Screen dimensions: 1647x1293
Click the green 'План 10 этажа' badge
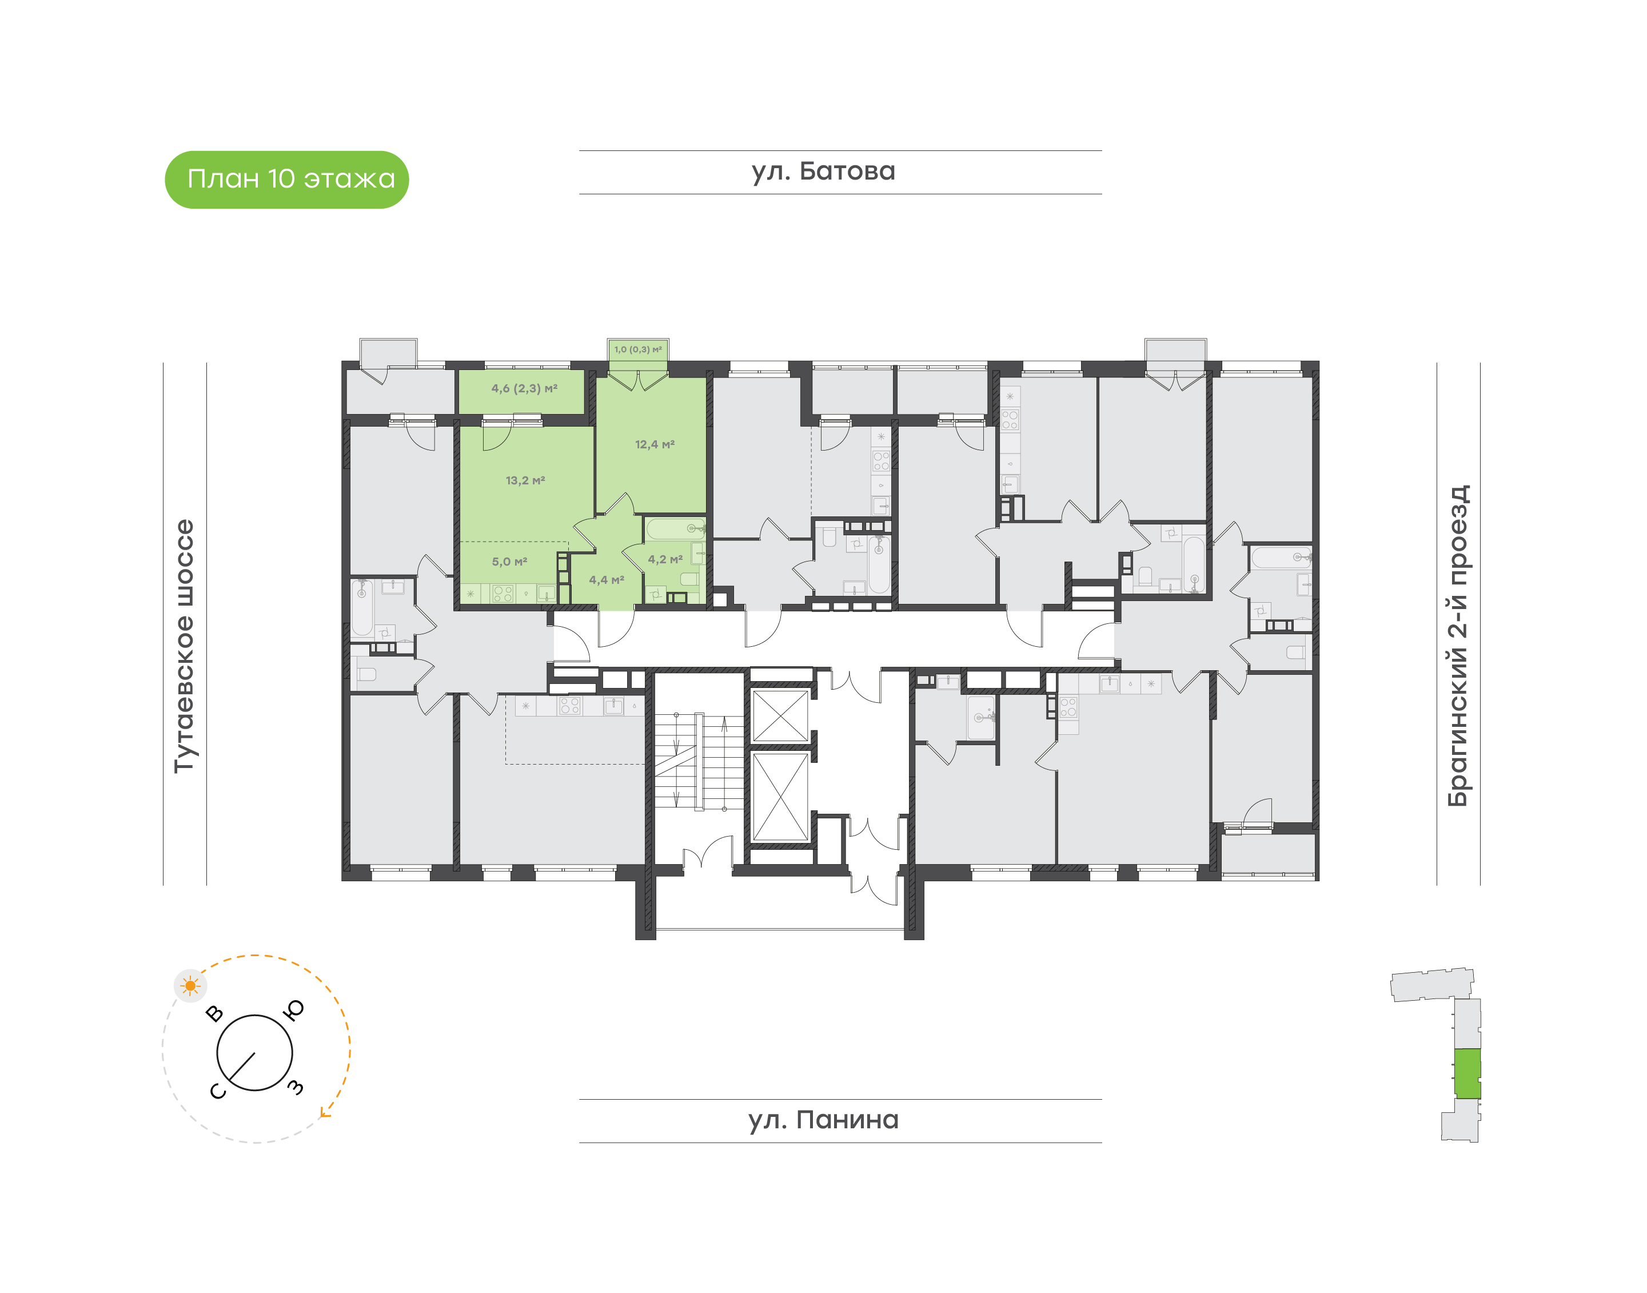[287, 180]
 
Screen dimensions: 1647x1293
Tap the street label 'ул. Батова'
[823, 171]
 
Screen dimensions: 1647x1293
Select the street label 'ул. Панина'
[823, 1120]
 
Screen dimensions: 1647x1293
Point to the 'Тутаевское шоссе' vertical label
[184, 646]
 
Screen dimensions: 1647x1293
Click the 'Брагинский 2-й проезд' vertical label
[1458, 646]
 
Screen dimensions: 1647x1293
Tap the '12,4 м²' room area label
[655, 444]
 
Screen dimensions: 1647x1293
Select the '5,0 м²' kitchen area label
[509, 562]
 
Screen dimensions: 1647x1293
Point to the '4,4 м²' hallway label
[607, 580]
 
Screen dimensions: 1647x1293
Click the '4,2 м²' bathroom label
[665, 559]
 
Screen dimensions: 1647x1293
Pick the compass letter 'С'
[218, 1091]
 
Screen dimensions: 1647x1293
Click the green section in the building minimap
[1467, 1073]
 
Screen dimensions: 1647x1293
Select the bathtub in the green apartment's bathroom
[676, 528]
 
